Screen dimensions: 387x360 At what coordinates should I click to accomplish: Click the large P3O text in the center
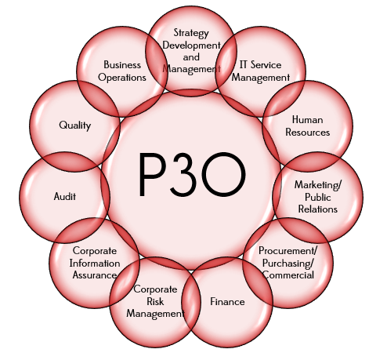coord(192,174)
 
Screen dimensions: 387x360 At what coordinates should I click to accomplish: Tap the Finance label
coord(227,302)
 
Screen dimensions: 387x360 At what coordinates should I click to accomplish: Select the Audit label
coord(65,196)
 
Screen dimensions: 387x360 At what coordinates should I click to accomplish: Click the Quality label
coord(75,125)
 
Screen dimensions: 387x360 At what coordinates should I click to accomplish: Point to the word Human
coord(308,120)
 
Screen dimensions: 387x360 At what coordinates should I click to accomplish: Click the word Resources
coord(308,132)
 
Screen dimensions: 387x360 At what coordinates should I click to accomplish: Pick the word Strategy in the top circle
coord(191,33)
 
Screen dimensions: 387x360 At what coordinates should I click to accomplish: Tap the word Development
coord(192,45)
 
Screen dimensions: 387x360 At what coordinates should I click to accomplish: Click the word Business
coord(122,64)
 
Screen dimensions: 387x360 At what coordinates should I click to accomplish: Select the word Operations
coord(122,78)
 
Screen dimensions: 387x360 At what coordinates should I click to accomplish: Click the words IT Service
coord(260,64)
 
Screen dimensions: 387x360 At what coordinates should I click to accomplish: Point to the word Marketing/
coord(318,185)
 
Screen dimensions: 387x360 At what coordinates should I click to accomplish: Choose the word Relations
coord(318,209)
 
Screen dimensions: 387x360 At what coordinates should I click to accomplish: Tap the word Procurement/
coord(288,251)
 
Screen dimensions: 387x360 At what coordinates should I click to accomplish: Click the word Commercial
coord(288,275)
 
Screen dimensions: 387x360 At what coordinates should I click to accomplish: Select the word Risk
coord(155,301)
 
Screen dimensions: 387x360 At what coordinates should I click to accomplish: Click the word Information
coord(95,264)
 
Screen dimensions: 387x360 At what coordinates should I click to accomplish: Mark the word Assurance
coord(95,275)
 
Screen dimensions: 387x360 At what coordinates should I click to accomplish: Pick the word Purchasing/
coord(288,264)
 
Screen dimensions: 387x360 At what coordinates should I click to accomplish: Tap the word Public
coord(318,197)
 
